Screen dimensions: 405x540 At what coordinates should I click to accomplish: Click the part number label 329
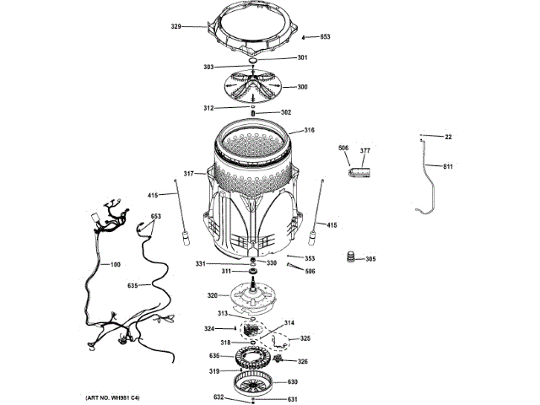click(176, 28)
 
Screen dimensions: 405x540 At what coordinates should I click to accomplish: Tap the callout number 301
click(303, 57)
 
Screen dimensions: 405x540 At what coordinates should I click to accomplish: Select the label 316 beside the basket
click(309, 130)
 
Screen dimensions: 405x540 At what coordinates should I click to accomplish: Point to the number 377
click(365, 150)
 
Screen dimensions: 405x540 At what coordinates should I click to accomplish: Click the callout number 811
click(448, 166)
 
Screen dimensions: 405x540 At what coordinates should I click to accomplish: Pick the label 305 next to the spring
click(370, 258)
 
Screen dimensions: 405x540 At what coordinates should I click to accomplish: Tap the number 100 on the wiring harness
click(116, 265)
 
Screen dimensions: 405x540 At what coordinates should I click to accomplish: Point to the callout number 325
click(305, 338)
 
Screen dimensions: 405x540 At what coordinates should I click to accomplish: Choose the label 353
click(310, 258)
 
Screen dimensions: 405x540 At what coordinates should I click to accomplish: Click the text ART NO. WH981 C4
click(113, 397)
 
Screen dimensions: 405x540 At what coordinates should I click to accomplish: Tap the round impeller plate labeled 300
click(252, 87)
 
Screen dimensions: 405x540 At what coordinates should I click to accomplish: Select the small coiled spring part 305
click(348, 257)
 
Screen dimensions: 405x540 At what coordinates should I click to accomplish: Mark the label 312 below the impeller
click(208, 108)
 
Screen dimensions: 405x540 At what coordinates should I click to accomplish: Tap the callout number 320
click(213, 295)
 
